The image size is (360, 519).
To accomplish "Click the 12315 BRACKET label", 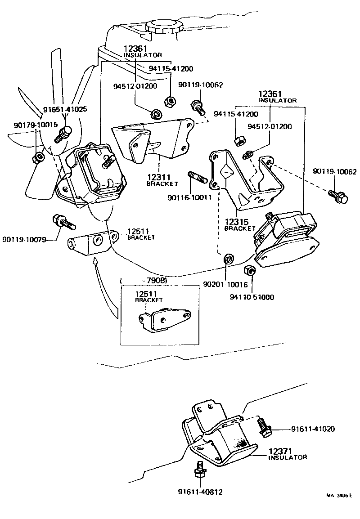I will pyautogui.click(x=240, y=225).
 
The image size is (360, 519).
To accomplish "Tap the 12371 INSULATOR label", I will pyautogui.click(x=288, y=454).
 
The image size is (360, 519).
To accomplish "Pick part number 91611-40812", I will pyautogui.click(x=200, y=492).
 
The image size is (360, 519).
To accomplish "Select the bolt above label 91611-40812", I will pyautogui.click(x=198, y=470).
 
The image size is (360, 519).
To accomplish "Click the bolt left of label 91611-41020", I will pyautogui.click(x=263, y=426).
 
